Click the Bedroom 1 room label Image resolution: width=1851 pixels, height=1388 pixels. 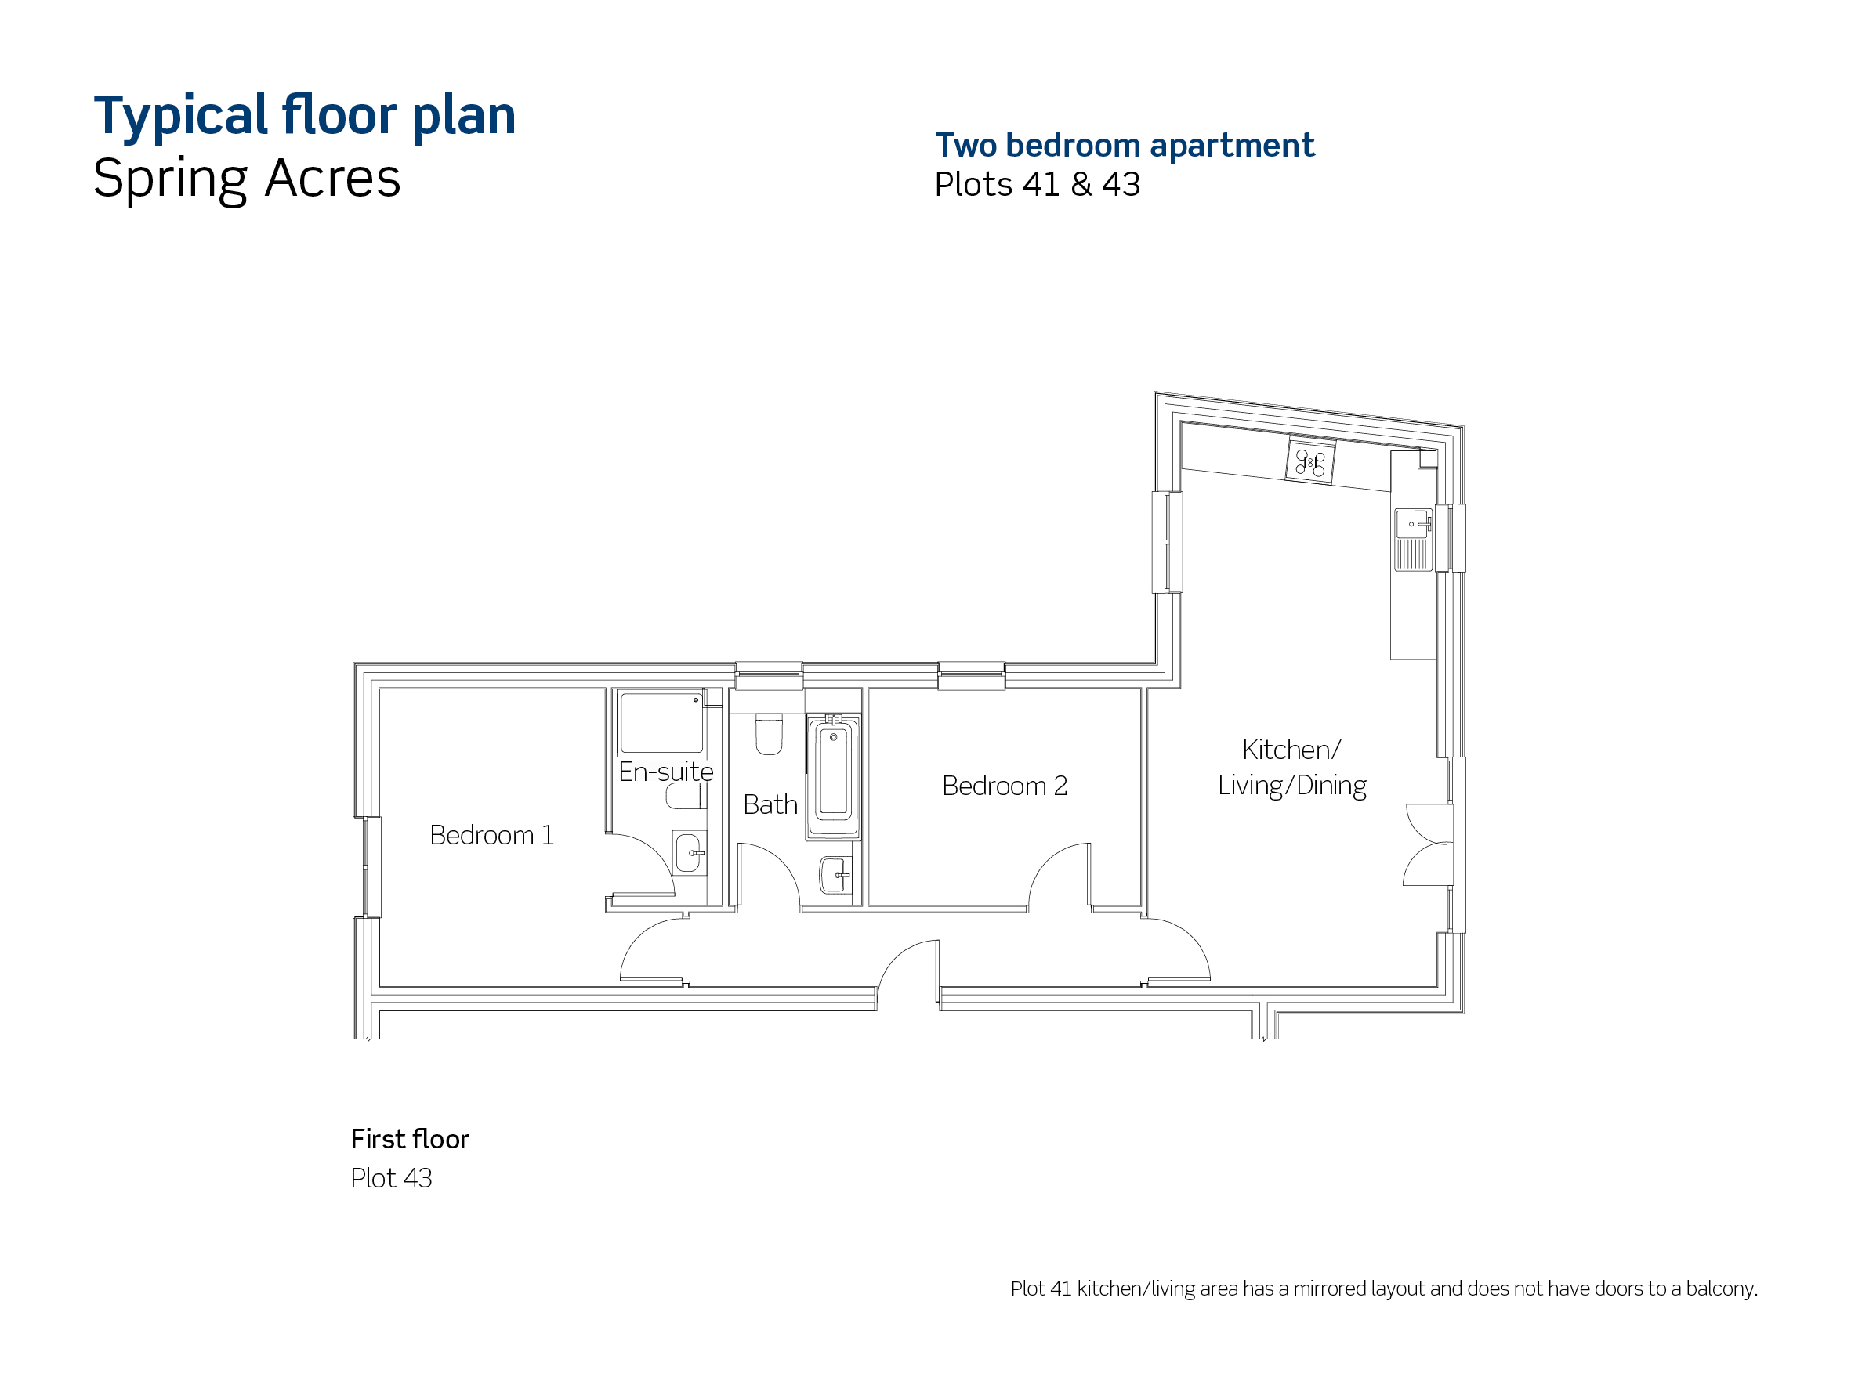(x=491, y=835)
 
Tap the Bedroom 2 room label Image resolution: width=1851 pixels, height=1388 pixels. (x=1004, y=786)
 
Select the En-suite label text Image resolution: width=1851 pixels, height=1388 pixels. (x=665, y=772)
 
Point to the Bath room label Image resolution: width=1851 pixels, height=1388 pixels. (x=770, y=804)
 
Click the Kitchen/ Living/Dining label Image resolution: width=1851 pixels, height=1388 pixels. (x=1292, y=767)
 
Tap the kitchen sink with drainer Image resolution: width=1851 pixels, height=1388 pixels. (x=1414, y=540)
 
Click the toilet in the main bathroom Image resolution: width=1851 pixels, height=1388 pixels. (x=769, y=734)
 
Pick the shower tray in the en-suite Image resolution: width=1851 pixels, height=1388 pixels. (x=661, y=723)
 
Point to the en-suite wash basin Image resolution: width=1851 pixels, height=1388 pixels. (x=689, y=852)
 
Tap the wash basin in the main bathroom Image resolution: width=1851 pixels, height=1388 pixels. (x=835, y=876)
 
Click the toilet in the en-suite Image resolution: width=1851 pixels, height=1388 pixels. (x=686, y=796)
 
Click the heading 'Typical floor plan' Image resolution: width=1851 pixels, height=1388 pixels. (x=305, y=115)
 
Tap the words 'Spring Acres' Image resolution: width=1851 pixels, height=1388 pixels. (x=247, y=179)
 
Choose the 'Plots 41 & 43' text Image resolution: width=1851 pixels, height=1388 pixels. (x=1037, y=184)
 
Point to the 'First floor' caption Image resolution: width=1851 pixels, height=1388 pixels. (x=410, y=1139)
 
